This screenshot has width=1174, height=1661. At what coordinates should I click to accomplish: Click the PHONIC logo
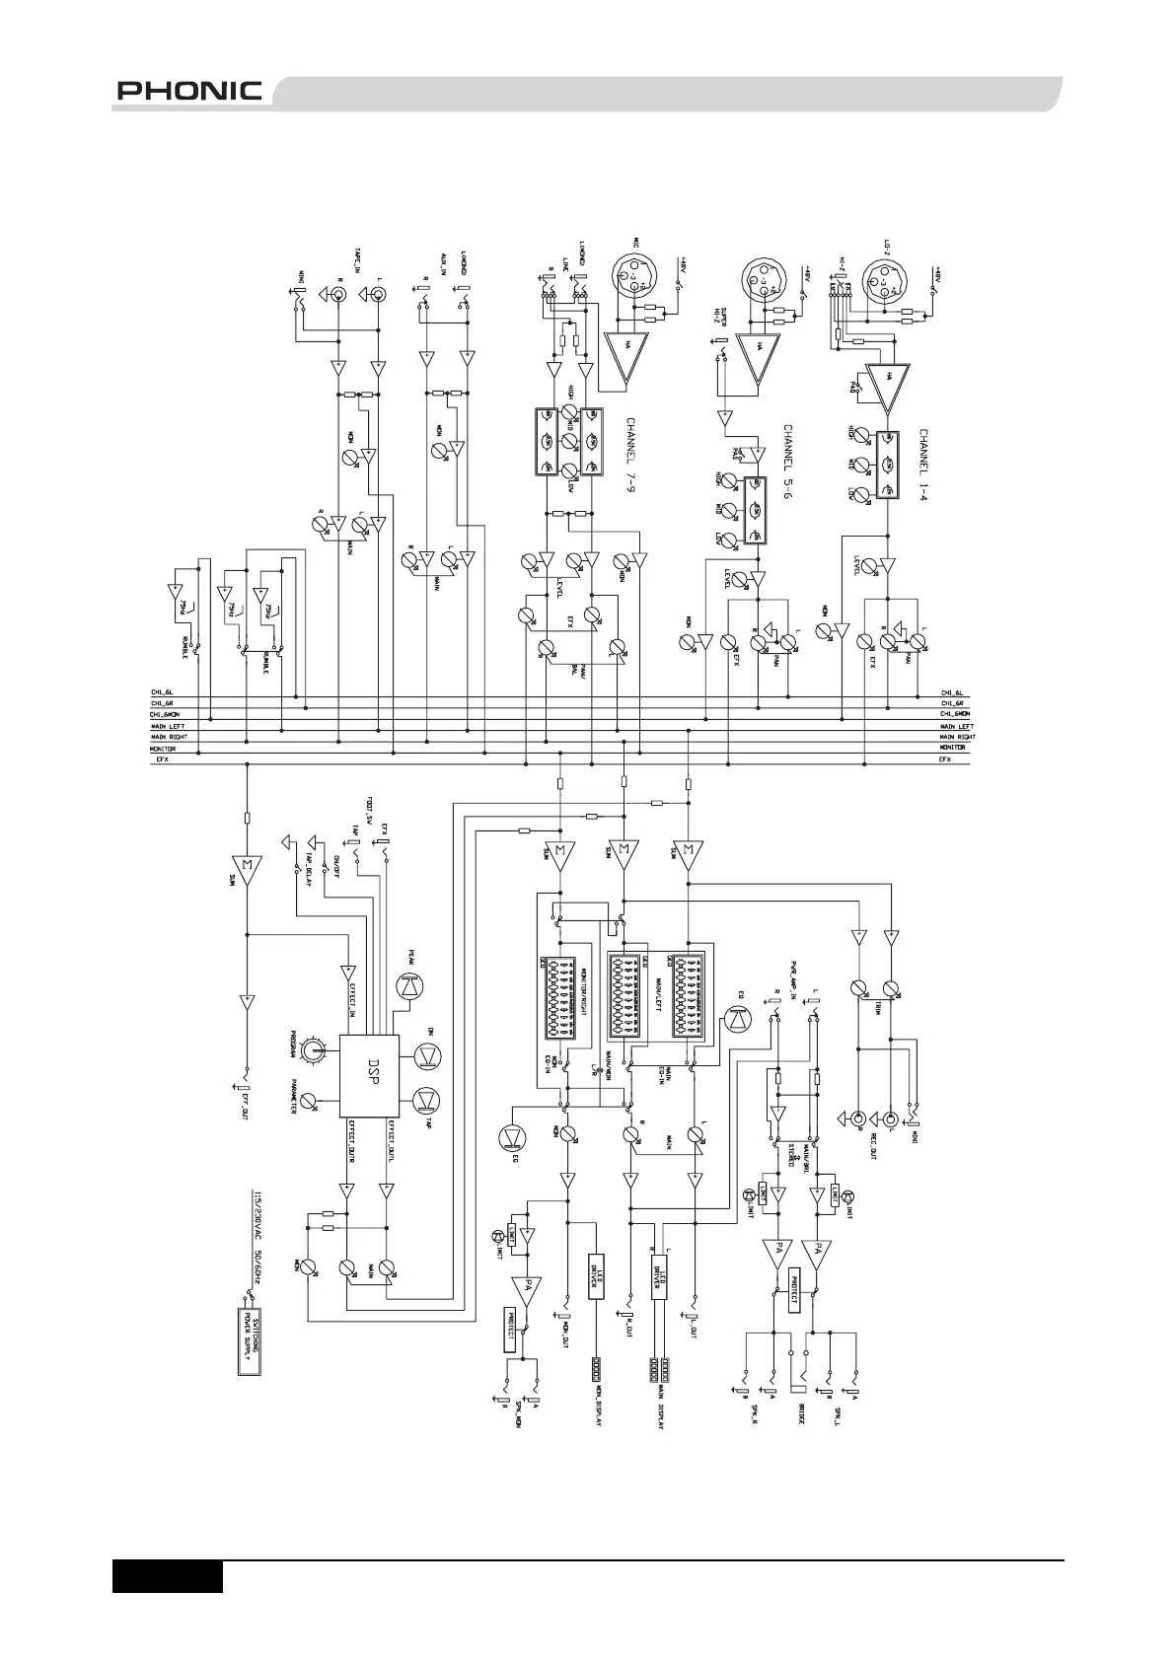point(189,92)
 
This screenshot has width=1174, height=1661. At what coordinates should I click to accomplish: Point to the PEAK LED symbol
point(407,985)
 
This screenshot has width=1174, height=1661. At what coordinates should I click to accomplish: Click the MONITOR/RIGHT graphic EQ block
point(566,995)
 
